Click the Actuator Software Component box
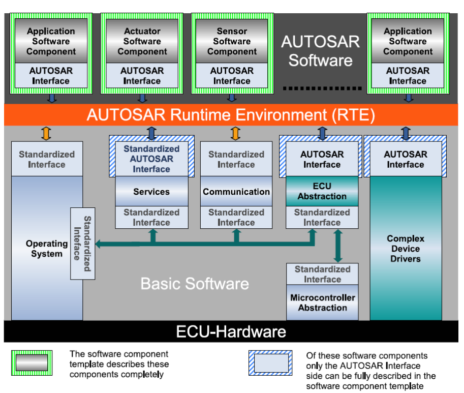coord(142,41)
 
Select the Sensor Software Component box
coord(232,41)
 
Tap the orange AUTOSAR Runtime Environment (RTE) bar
coord(231,115)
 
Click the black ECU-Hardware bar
coord(231,332)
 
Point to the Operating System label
coord(46,249)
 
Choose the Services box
coord(151,192)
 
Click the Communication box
coord(236,192)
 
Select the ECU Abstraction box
coord(322,191)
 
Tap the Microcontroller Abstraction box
coord(322,303)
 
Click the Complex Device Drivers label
coord(405,249)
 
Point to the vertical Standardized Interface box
coord(82,244)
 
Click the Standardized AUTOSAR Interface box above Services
coord(151,159)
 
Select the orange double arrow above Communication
coord(235,134)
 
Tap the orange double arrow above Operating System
coord(46,134)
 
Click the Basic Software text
coord(195,283)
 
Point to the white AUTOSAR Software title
coord(320,51)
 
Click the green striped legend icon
coord(32,362)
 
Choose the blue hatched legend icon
coord(270,362)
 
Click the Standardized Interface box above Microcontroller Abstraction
coord(322,274)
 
